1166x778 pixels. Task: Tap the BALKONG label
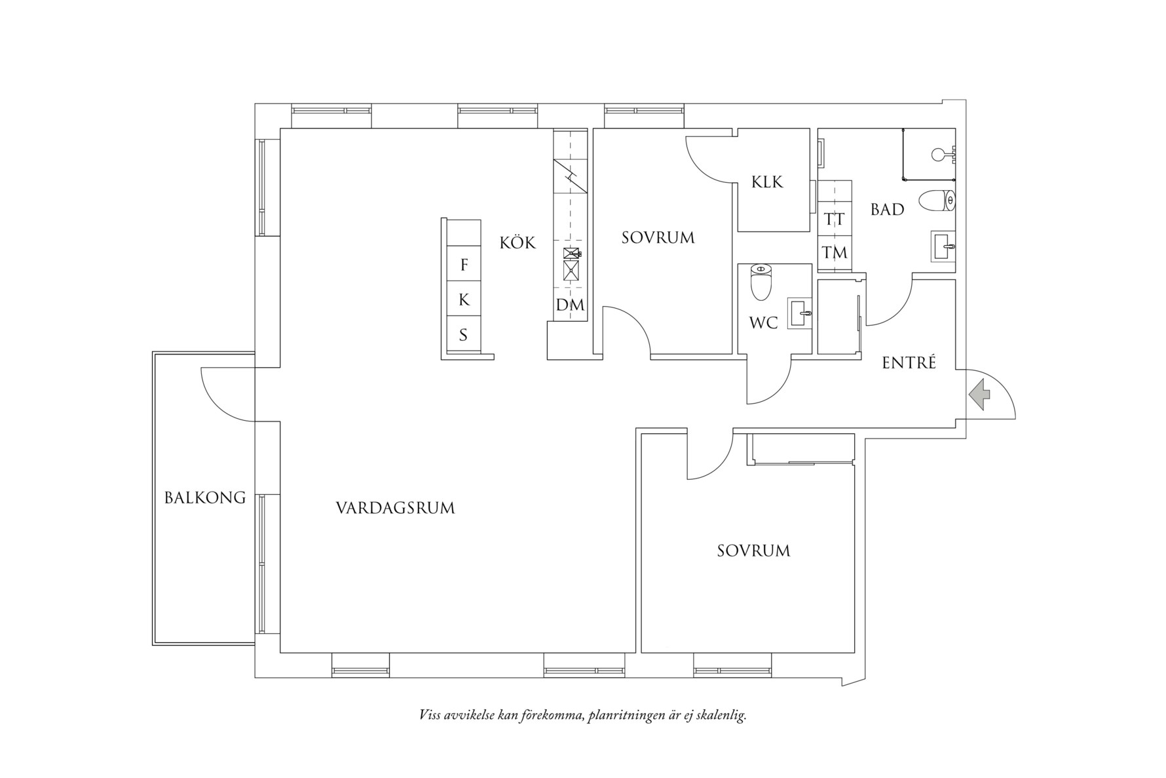coord(204,498)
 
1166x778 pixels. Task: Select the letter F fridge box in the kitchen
coord(464,265)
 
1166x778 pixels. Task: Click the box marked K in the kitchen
coord(464,300)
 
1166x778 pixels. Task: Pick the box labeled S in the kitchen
coord(463,335)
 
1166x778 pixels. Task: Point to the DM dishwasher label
coord(569,305)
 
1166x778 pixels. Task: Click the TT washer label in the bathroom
coord(834,219)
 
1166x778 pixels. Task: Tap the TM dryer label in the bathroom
coord(834,252)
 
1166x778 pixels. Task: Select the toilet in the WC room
coord(760,282)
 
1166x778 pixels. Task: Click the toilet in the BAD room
coord(937,201)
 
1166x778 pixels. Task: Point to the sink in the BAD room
coord(943,246)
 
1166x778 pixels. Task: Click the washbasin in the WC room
coord(800,314)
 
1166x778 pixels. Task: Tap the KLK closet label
coord(767,182)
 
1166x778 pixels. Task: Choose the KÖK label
coord(517,243)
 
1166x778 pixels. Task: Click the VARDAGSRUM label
coord(395,508)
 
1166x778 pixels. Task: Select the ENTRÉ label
coord(909,362)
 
